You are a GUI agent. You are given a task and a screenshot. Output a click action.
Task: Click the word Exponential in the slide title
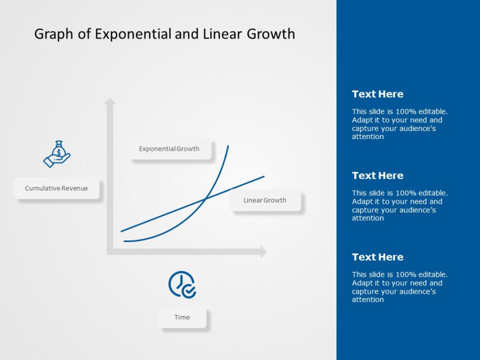[133, 34]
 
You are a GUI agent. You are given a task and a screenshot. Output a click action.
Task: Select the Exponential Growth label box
[169, 149]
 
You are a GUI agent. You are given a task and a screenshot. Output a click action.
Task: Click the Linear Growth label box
[264, 200]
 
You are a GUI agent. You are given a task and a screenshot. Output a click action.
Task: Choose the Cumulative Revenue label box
[56, 188]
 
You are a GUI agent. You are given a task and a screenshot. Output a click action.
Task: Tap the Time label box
[182, 317]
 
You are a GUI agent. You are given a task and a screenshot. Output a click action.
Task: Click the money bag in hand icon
[57, 154]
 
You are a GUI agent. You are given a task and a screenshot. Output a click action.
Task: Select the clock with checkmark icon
[182, 285]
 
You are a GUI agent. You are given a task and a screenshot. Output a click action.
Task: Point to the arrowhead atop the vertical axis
[110, 101]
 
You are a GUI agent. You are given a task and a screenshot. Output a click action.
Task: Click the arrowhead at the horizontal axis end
[263, 252]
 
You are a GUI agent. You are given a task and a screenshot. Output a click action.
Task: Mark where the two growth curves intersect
[205, 198]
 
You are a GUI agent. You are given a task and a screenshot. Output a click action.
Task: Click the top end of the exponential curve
[228, 146]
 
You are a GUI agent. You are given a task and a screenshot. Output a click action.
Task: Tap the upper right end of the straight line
[263, 177]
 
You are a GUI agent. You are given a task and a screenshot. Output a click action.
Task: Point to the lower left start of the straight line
[122, 231]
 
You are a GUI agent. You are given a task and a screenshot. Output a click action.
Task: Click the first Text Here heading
[378, 94]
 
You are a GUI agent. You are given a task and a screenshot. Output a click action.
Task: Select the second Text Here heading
[378, 175]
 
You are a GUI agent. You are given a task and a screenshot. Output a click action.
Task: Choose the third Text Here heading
[378, 257]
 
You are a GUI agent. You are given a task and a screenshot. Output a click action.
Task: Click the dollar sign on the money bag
[59, 151]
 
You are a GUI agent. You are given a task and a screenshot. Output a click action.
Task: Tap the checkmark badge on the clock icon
[190, 291]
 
